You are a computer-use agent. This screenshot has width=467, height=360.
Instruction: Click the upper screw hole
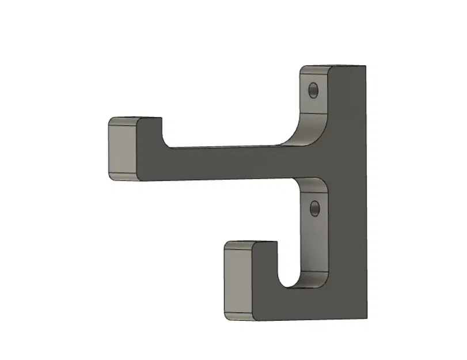coord(313,90)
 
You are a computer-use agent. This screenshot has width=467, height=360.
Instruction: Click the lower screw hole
coord(314,208)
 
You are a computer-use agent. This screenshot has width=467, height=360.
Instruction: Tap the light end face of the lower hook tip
coord(237,281)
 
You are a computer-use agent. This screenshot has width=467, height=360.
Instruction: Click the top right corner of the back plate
coord(365,66)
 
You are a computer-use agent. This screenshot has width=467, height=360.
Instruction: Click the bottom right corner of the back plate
coord(366,316)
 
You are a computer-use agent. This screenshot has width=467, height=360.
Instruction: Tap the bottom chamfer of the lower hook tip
coord(237,316)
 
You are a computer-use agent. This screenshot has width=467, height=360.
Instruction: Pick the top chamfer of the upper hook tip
coord(122,123)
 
